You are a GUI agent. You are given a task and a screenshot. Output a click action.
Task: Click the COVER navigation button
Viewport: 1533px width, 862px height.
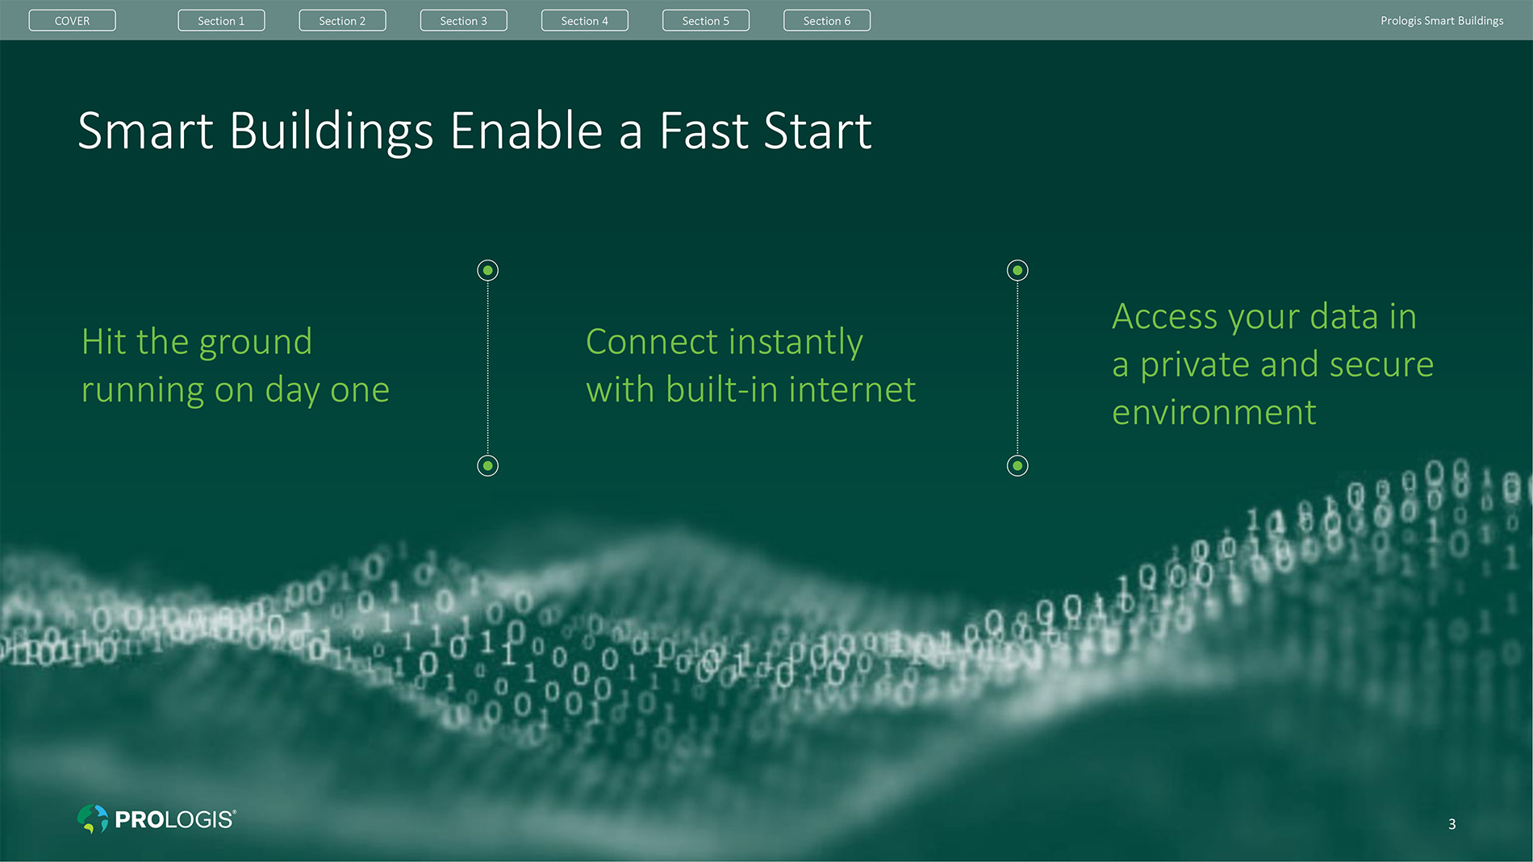tap(72, 20)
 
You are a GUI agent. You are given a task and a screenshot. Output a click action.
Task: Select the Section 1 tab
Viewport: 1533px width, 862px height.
tap(221, 20)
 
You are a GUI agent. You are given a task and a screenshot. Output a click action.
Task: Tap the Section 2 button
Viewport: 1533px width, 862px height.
tap(342, 20)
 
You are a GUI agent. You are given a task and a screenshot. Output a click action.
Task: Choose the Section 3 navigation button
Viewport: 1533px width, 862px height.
tap(463, 20)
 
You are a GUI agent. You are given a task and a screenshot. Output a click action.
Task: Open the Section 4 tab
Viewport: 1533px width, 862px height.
tap(584, 20)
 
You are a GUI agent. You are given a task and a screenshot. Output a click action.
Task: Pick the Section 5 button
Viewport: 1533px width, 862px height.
tap(705, 20)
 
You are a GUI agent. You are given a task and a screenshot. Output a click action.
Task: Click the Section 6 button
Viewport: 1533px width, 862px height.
tap(826, 20)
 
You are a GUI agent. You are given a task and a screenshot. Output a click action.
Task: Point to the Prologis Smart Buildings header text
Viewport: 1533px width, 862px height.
tap(1442, 21)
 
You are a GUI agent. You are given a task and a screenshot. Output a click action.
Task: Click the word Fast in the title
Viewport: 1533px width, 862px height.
tap(704, 131)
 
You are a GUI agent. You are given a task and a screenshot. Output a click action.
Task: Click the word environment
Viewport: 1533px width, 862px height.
tap(1214, 413)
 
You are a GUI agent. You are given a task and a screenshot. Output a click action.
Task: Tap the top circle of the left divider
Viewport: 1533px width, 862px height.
tap(487, 270)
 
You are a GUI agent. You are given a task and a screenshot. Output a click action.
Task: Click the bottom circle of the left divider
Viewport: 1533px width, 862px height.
tap(487, 465)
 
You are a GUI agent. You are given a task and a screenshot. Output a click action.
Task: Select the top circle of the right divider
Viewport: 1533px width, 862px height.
tap(1017, 270)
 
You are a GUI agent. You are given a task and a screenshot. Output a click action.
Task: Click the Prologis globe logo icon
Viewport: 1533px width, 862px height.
tap(93, 818)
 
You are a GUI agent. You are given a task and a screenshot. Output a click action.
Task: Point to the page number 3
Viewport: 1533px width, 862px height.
tap(1452, 824)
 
